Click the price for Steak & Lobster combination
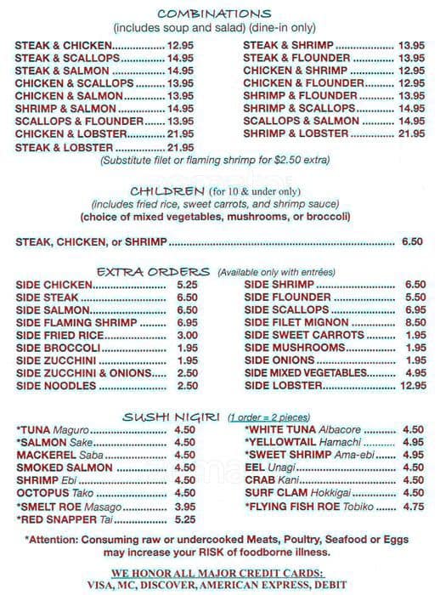click(181, 147)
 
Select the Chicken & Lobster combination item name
click(63, 134)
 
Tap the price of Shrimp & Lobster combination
click(411, 134)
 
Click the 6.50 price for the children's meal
click(412, 242)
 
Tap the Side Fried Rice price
click(187, 335)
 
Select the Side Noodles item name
click(56, 386)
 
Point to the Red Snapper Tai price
click(184, 519)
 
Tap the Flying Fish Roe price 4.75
click(413, 507)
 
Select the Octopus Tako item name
click(57, 493)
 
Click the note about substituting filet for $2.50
click(215, 160)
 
